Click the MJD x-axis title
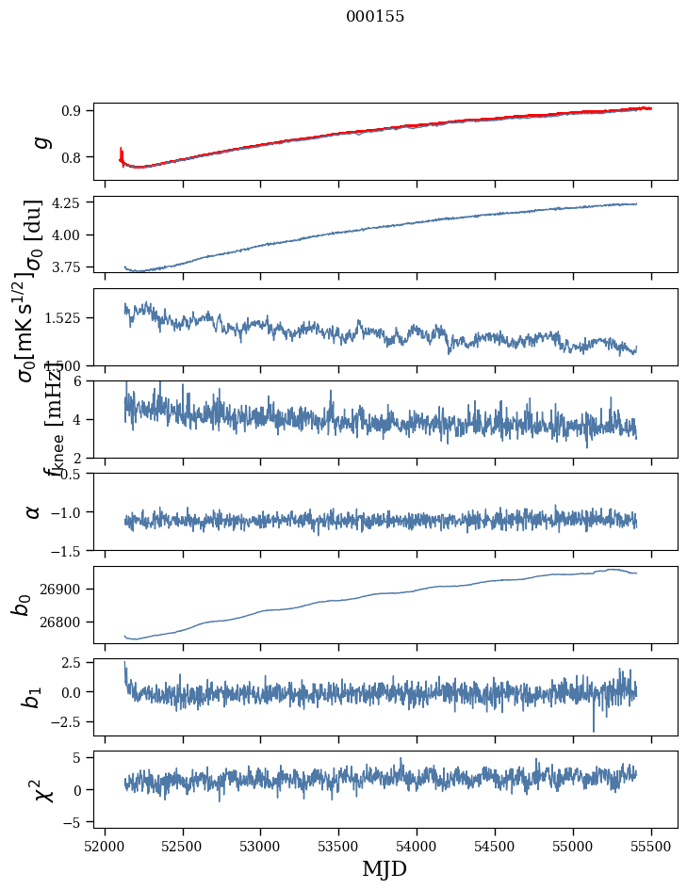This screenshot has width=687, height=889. pos(384,869)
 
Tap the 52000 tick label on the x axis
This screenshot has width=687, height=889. pos(105,845)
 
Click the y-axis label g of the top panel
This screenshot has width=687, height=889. pos(39,141)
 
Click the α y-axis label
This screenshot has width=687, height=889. pos(34,511)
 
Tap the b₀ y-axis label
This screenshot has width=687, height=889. pos(21,605)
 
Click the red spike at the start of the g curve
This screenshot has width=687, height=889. pos(122,153)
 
